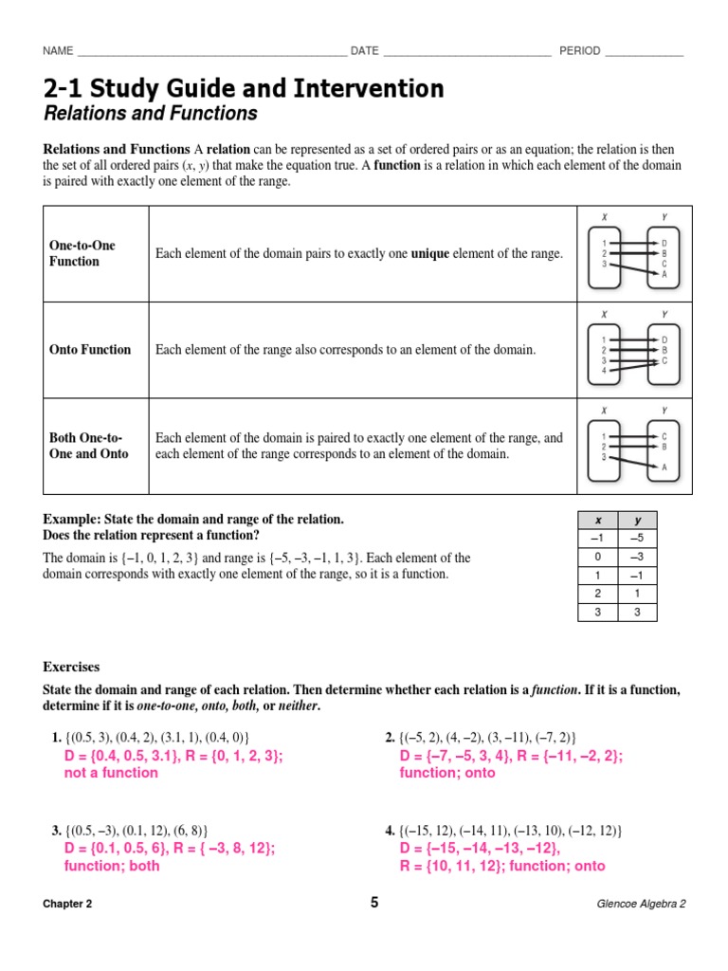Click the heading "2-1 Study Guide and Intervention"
pyautogui.click(x=244, y=89)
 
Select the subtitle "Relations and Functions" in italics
pyautogui.click(x=150, y=115)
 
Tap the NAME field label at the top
pyautogui.click(x=58, y=51)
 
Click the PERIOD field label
pyautogui.click(x=579, y=51)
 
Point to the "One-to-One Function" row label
pyautogui.click(x=82, y=253)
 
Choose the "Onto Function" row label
pyautogui.click(x=90, y=350)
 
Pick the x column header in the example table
pyautogui.click(x=597, y=522)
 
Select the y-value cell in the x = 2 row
pyautogui.click(x=637, y=594)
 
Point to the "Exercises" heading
pyautogui.click(x=71, y=668)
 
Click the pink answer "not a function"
pyautogui.click(x=111, y=773)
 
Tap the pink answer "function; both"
pyautogui.click(x=112, y=866)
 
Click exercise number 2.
pyautogui.click(x=390, y=738)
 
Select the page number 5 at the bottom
pyautogui.click(x=374, y=903)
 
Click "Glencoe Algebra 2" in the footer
pyautogui.click(x=641, y=904)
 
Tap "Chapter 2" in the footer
pyautogui.click(x=67, y=904)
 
